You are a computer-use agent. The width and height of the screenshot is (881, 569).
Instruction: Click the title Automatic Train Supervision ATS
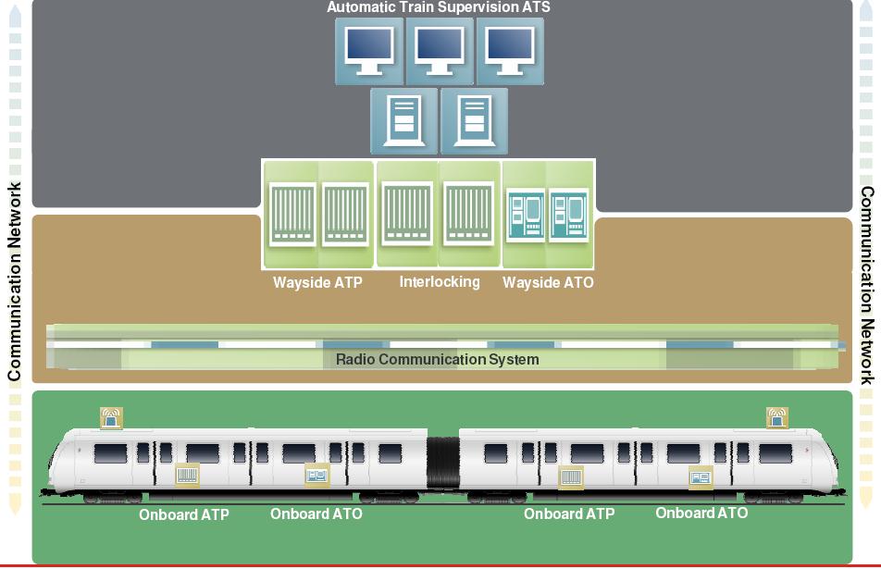pyautogui.click(x=438, y=7)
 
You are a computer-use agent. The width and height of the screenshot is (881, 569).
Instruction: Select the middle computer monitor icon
pyautogui.click(x=440, y=51)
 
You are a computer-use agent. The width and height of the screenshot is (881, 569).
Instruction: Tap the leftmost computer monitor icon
pyautogui.click(x=369, y=51)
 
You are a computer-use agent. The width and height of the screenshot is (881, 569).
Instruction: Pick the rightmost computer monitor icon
pyautogui.click(x=510, y=51)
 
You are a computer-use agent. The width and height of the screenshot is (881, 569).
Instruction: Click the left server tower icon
pyautogui.click(x=403, y=120)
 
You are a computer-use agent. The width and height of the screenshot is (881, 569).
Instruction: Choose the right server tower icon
pyautogui.click(x=474, y=120)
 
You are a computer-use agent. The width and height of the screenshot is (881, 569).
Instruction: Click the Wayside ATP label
pyautogui.click(x=317, y=282)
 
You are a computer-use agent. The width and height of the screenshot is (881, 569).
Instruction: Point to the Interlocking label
pyautogui.click(x=440, y=281)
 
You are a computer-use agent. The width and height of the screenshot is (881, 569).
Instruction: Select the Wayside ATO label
pyautogui.click(x=548, y=282)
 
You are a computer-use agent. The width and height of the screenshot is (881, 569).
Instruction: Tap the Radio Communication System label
pyautogui.click(x=437, y=359)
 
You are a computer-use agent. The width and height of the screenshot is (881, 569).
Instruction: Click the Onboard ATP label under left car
pyautogui.click(x=184, y=514)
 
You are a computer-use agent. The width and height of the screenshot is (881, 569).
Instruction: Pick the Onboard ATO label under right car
pyautogui.click(x=701, y=513)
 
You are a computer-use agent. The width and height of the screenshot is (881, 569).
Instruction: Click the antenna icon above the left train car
pyautogui.click(x=112, y=418)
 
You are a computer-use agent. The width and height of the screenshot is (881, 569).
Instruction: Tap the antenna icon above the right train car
pyautogui.click(x=776, y=418)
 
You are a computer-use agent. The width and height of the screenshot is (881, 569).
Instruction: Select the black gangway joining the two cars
pyautogui.click(x=442, y=464)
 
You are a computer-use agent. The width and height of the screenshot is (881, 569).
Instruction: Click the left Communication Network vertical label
pyautogui.click(x=15, y=282)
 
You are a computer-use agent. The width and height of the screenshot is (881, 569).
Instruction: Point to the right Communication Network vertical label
pyautogui.click(x=867, y=285)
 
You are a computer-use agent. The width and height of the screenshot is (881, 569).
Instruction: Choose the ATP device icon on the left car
pyautogui.click(x=187, y=476)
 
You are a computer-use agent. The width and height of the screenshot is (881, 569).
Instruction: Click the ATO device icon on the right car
pyautogui.click(x=701, y=477)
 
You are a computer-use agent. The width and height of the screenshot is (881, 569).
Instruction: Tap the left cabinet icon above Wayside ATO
pyautogui.click(x=526, y=215)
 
